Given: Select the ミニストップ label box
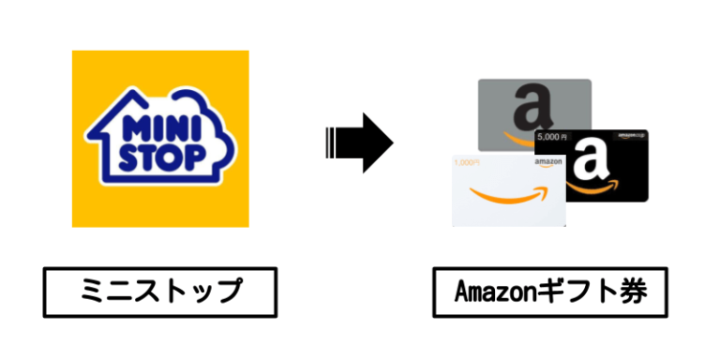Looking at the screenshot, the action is pos(159,292).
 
